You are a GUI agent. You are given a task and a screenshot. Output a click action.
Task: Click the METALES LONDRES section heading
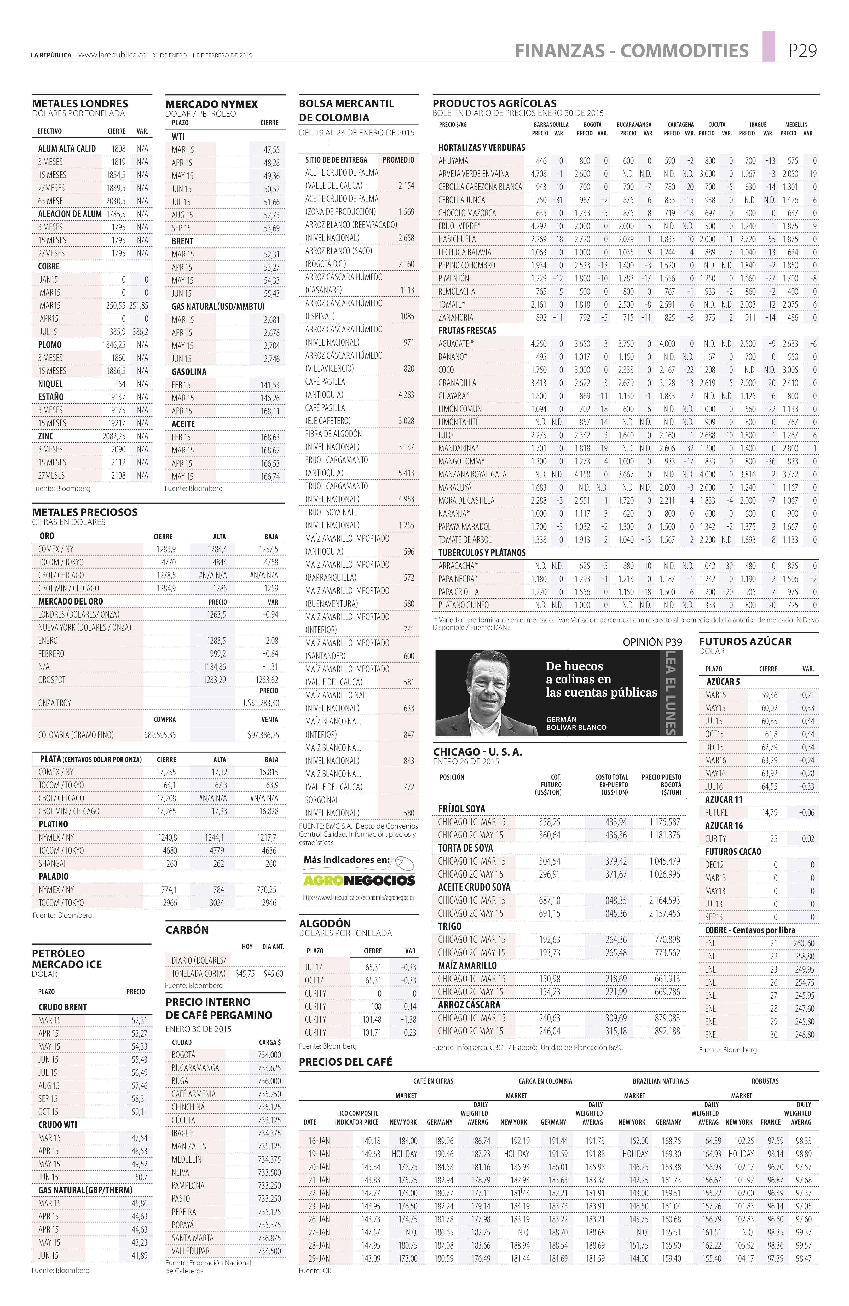coord(80,104)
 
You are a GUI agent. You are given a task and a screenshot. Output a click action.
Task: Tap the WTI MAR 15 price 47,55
coord(271,150)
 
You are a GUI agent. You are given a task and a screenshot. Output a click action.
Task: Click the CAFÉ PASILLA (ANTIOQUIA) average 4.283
coord(406,395)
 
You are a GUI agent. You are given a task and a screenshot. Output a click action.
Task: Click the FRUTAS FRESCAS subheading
coord(467,330)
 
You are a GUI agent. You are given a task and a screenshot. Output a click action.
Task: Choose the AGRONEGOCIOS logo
coord(359,880)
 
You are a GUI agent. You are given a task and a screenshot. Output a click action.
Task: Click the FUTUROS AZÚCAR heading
coord(745,641)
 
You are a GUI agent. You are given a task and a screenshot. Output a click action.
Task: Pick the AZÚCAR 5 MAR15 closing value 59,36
coord(769,695)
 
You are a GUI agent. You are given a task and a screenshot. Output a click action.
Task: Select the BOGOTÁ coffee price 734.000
coord(269,1055)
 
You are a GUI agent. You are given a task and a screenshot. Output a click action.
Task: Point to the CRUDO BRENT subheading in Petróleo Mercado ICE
coord(62,1007)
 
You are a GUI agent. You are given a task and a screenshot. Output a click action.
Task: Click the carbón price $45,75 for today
coord(245,974)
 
